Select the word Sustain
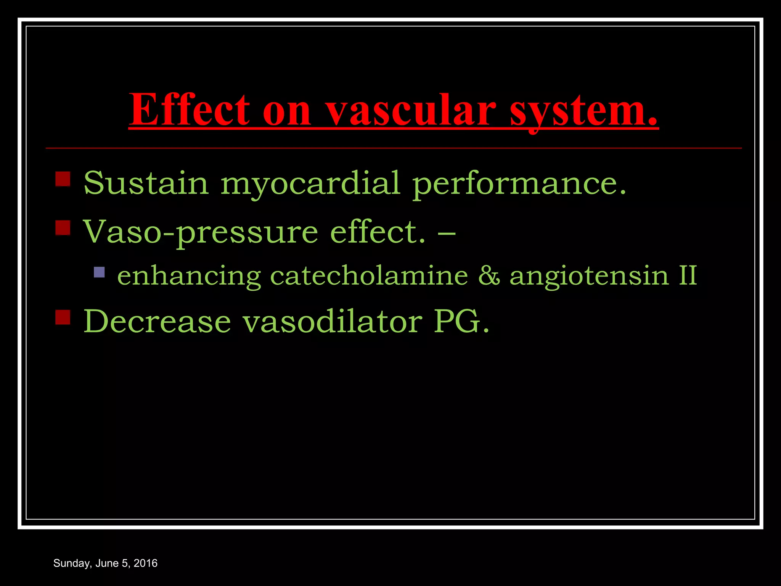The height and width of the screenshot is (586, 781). tap(146, 183)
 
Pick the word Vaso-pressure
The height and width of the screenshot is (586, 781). tap(200, 232)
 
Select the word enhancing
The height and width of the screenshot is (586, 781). tap(189, 276)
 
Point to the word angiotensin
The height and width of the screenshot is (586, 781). tap(589, 276)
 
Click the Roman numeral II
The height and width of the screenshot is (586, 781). tap(688, 275)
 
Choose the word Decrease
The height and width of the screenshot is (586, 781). tap(157, 321)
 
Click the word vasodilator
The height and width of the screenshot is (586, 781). tap(333, 321)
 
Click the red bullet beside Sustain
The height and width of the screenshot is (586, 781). tap(63, 179)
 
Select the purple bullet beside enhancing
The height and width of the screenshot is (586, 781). tap(99, 272)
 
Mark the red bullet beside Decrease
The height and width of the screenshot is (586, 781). tap(63, 317)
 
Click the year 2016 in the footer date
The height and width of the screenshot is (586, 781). tap(145, 563)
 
